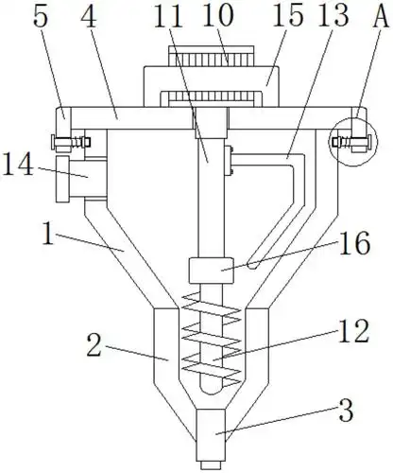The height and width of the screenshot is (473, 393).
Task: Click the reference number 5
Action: pyautogui.click(x=41, y=15)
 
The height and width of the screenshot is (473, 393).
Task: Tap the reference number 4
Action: pyautogui.click(x=89, y=15)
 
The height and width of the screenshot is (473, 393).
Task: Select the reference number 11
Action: pyautogui.click(x=168, y=15)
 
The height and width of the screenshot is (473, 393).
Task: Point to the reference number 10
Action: pyautogui.click(x=218, y=15)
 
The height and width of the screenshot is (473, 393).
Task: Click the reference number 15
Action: pyautogui.click(x=288, y=15)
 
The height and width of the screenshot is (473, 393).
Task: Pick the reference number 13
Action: pyautogui.click(x=333, y=15)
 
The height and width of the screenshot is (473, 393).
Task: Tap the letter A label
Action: pyautogui.click(x=381, y=15)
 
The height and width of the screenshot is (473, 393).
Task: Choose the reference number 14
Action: pyautogui.click(x=18, y=164)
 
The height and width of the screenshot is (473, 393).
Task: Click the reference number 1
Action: pyautogui.click(x=48, y=234)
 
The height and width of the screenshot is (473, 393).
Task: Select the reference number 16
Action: pyautogui.click(x=354, y=242)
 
